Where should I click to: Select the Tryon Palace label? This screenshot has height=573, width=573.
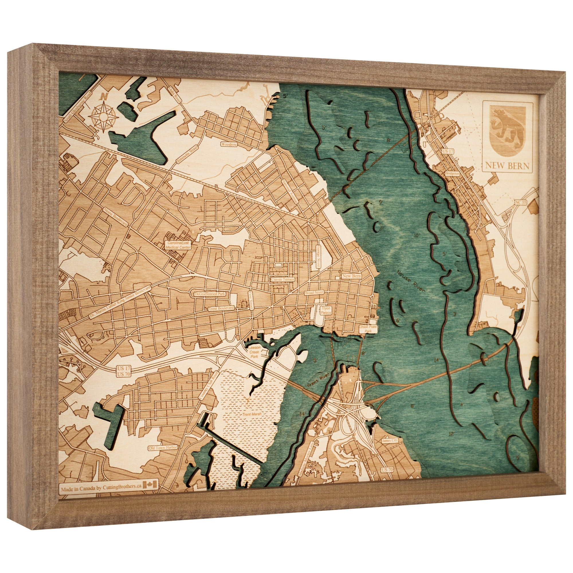(326, 310)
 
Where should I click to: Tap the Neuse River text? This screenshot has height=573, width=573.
(411, 281)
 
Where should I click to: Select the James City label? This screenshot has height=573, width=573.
(390, 441)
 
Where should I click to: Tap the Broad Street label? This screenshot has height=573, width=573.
(314, 293)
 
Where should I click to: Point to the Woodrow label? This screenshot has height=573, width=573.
(229, 144)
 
